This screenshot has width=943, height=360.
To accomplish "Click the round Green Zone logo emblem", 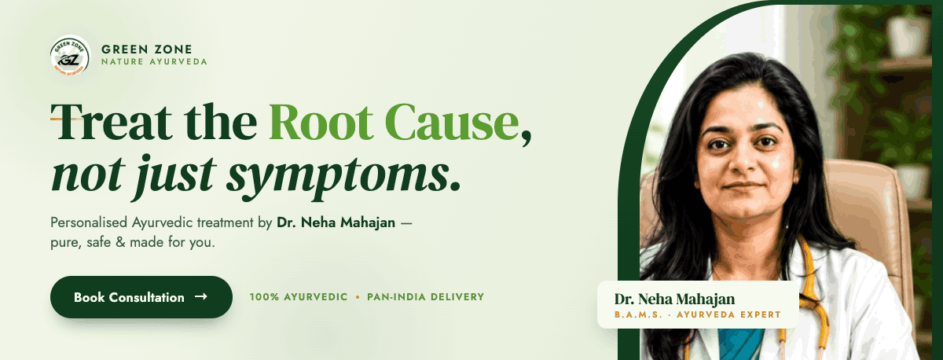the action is tap(70, 56).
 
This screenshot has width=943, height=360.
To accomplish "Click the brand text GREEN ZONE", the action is tap(146, 50).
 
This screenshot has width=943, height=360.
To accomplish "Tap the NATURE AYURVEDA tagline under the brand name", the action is tap(154, 62).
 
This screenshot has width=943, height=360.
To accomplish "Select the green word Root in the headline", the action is tap(321, 122).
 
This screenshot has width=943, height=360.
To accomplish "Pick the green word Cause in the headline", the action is tap(452, 122).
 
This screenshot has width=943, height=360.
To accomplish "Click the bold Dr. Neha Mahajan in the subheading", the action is tap(336, 222).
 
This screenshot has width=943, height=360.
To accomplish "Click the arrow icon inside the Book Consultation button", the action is tap(201, 296).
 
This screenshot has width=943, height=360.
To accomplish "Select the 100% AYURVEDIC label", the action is tap(299, 297).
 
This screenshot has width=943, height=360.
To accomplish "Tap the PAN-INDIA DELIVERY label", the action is tap(426, 297).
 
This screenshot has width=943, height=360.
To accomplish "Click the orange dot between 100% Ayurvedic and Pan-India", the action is tap(358, 297).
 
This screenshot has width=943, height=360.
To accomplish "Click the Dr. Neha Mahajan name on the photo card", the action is tap(674, 299).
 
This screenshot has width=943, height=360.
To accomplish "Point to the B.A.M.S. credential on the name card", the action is tap(638, 314).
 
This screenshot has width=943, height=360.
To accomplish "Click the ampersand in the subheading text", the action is tap(120, 243).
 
